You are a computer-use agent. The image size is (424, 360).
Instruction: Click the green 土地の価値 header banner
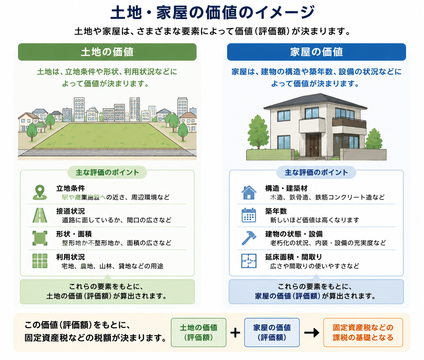point(107,52)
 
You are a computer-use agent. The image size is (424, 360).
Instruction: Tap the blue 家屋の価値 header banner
point(316,52)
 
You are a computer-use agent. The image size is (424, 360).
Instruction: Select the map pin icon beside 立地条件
point(40,192)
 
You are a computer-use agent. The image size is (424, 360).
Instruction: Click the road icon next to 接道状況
point(40,215)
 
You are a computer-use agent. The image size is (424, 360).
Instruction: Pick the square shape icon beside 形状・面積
point(40,238)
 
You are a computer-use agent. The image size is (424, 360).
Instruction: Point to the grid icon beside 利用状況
point(40,261)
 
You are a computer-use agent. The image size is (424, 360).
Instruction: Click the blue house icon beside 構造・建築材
point(249,192)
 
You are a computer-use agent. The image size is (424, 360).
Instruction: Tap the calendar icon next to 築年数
point(249,215)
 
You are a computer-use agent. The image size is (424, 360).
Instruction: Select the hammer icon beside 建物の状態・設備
point(249,238)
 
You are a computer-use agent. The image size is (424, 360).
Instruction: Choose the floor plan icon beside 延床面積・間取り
point(249,261)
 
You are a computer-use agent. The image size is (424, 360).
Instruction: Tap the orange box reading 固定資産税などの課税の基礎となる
point(363,333)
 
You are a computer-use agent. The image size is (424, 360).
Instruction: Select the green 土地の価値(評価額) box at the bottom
point(198,333)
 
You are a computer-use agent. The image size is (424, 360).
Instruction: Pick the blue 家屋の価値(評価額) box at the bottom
point(272,333)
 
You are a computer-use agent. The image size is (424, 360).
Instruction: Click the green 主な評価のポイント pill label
point(107,172)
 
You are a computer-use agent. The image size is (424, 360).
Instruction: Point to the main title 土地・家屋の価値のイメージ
point(212,13)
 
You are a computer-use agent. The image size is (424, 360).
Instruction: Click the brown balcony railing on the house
point(349,123)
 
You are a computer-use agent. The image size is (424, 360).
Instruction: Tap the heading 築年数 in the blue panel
point(276,211)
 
